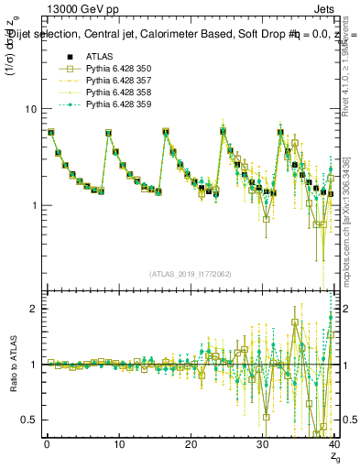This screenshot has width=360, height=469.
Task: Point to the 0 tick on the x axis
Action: point(47,443)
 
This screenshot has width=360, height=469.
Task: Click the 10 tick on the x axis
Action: point(118,443)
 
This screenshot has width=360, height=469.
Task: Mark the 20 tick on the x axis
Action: point(191,443)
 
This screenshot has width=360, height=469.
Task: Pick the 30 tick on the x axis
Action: point(262,443)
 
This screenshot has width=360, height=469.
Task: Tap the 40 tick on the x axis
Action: point(333,443)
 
